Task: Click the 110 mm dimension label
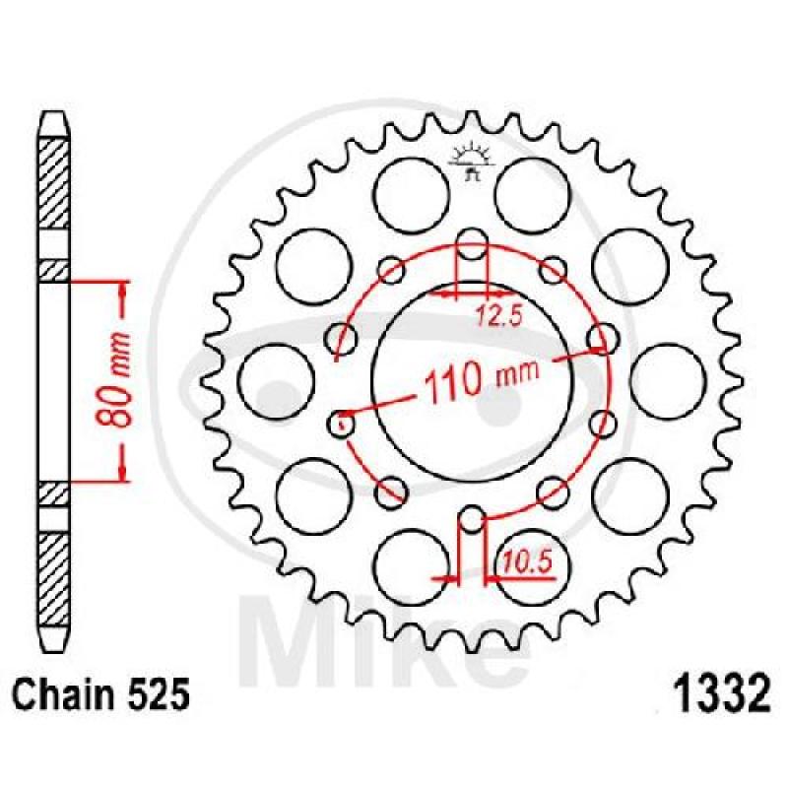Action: [481, 380]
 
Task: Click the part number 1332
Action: [721, 693]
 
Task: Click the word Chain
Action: [56, 695]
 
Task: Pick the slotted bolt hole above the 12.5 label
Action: [472, 243]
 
